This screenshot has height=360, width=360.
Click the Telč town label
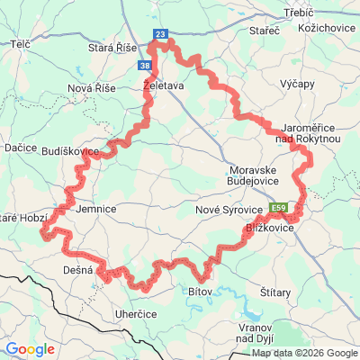coord(23,43)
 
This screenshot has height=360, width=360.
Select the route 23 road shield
coord(160,34)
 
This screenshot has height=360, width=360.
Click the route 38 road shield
coord(145,66)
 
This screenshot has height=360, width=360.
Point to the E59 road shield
coord(280,204)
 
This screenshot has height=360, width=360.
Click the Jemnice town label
coord(97,209)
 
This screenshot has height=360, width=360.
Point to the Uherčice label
coord(111,312)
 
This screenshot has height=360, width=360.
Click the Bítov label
coord(200,292)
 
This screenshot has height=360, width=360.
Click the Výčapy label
coord(297,83)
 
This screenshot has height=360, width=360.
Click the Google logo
coord(31,349)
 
